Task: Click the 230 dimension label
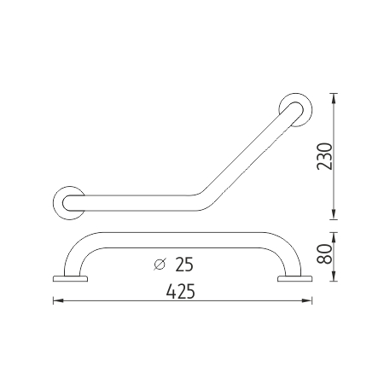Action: click(325, 156)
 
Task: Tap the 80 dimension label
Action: click(325, 254)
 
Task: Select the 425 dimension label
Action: click(181, 292)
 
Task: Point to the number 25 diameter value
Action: click(184, 265)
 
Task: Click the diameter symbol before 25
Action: click(160, 265)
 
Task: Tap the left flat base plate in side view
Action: click(70, 278)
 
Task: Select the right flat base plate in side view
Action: click(295, 278)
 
